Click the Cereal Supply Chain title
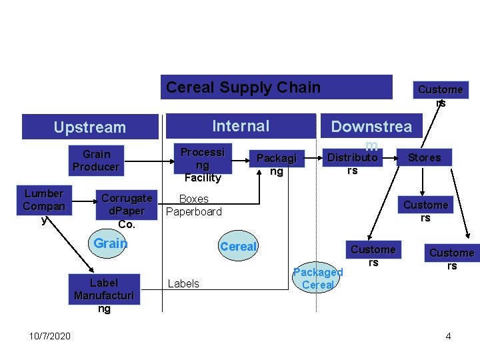[x=243, y=87]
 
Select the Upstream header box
[x=89, y=127]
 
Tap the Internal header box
[x=240, y=126]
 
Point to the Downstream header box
[x=371, y=127]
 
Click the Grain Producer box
[x=96, y=160]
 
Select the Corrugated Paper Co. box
[x=127, y=210]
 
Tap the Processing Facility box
[x=203, y=163]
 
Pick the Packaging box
[x=276, y=164]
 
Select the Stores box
[x=424, y=157]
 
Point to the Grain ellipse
[x=110, y=243]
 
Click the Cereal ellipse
[x=238, y=246]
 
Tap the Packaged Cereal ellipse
[x=318, y=278]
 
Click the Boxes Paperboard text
[x=193, y=205]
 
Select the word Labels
[x=183, y=283]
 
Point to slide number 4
[x=448, y=335]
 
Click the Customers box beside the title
[x=440, y=90]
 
